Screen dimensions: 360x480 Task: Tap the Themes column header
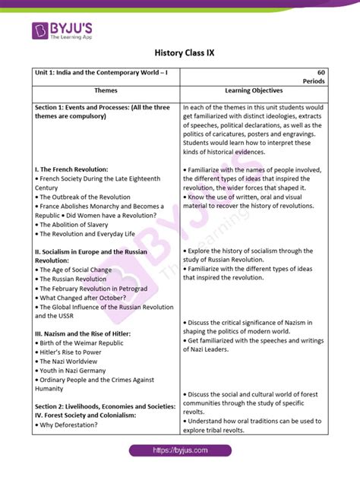click(x=106, y=90)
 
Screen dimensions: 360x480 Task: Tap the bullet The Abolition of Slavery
click(x=74, y=225)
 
